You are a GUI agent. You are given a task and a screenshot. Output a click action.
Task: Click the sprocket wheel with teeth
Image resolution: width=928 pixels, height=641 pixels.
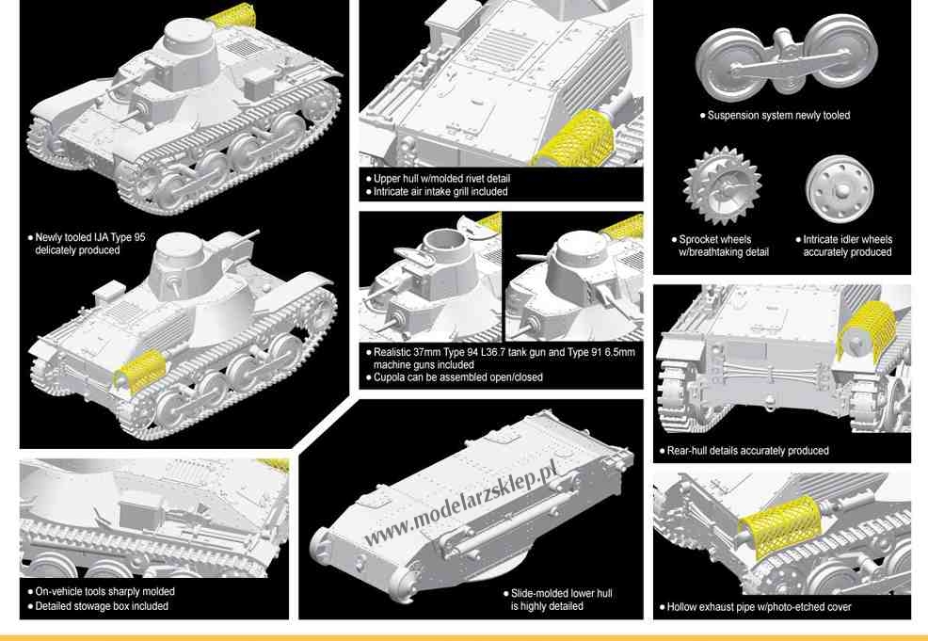tap(722, 186)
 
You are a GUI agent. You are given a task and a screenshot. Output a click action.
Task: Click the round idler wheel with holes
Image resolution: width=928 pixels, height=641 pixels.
tap(840, 189)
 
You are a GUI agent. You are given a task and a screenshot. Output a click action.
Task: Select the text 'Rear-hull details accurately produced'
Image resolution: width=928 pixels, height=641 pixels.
tap(747, 451)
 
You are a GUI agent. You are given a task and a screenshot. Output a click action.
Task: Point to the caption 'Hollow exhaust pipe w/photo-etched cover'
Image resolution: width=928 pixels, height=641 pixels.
tap(759, 607)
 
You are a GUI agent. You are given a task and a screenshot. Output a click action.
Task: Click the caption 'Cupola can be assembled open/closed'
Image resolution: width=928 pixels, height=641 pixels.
tap(457, 377)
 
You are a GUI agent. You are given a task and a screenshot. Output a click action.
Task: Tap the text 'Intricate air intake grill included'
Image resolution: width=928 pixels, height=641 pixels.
tap(440, 191)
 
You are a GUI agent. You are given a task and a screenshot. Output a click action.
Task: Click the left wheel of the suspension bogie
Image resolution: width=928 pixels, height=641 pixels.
tap(729, 65)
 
